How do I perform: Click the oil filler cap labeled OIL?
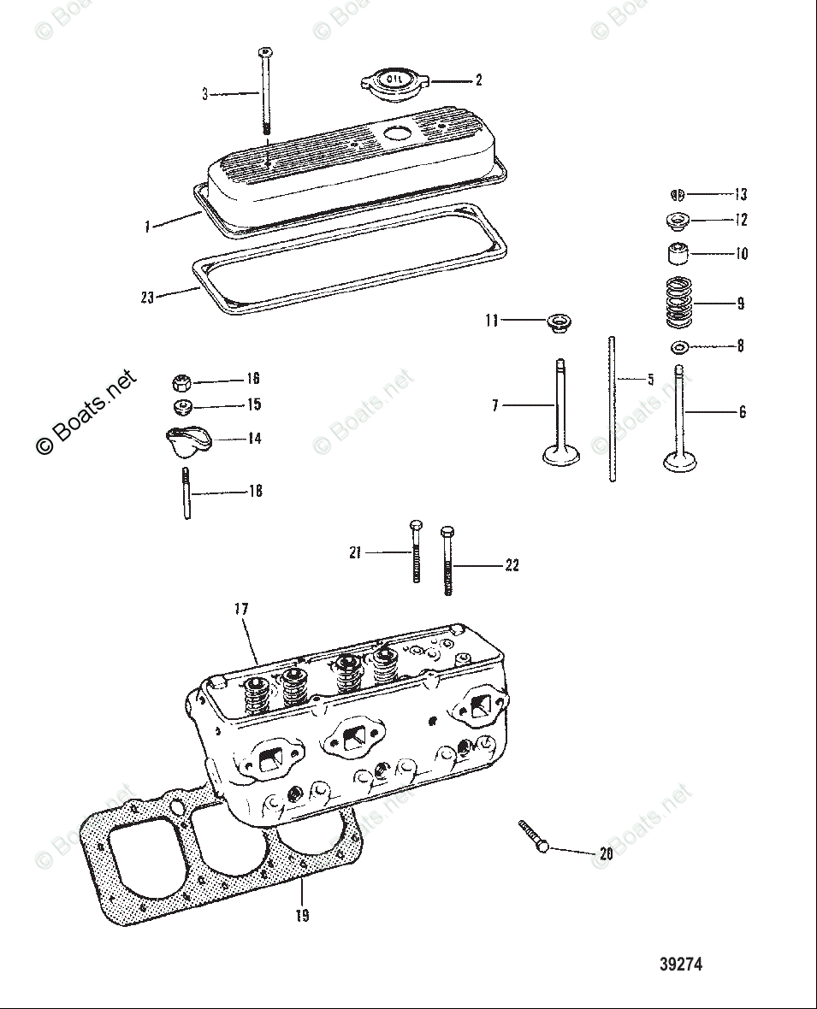point(394,82)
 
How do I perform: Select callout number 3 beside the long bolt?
point(204,94)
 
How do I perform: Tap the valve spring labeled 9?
point(678,303)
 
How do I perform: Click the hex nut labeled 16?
point(182,381)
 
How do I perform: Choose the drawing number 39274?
point(681,964)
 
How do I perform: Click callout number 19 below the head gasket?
point(302,916)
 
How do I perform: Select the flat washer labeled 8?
point(679,347)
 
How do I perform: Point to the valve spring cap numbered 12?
point(678,221)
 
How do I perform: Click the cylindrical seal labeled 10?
point(678,254)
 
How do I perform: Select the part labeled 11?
point(559,324)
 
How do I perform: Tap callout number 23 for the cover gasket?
point(148,298)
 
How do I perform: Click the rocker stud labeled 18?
point(186,493)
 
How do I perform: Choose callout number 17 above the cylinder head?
point(241,609)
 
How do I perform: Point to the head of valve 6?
point(679,461)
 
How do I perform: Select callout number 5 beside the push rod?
point(650,380)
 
